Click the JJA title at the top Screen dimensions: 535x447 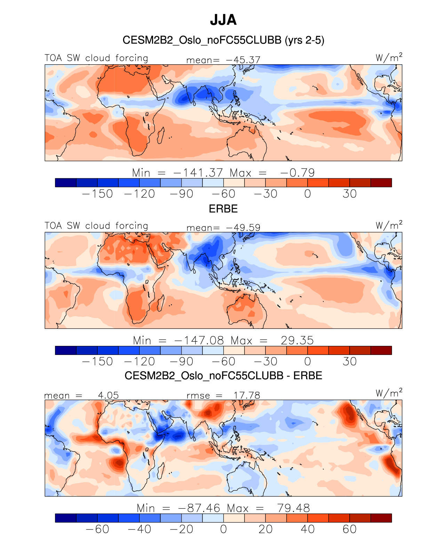coord(223,20)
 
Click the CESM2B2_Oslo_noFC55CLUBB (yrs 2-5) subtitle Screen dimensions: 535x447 coord(223,40)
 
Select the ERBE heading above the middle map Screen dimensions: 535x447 coord(223,209)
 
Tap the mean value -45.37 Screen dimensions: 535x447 coord(243,60)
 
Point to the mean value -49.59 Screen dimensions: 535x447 coord(243,228)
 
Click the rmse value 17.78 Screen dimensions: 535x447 coord(247,395)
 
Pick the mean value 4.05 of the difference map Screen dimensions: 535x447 coord(108,395)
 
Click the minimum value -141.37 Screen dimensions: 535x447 coord(198,172)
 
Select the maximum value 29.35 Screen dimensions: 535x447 coord(297,340)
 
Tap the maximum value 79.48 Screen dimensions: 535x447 coord(293,508)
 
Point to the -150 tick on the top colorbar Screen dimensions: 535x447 coord(97,194)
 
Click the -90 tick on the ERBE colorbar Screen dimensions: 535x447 coord(182,362)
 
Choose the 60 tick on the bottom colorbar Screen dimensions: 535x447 coord(349,529)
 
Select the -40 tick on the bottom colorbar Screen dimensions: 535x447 coord(139,529)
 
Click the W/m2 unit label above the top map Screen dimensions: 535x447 coord(389,57)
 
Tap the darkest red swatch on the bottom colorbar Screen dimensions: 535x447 coord(381,518)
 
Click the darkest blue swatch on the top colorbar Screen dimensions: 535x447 coord(66,183)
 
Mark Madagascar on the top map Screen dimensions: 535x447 coord(161,135)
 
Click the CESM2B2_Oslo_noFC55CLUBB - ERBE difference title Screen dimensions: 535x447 coord(223,376)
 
